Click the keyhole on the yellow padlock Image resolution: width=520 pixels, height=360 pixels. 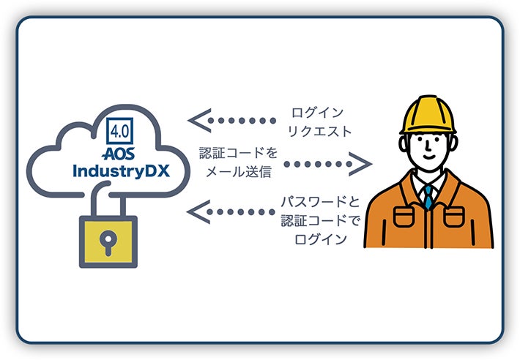click(x=108, y=241)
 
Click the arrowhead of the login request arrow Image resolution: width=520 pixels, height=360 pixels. click(x=196, y=121)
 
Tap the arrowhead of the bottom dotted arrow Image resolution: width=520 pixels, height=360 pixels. click(x=196, y=212)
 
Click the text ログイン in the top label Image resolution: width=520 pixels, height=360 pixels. click(x=317, y=113)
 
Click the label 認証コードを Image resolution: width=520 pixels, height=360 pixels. click(x=239, y=154)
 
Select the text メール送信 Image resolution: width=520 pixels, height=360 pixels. click(x=239, y=174)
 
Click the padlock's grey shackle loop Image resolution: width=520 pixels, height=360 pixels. click(x=108, y=201)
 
